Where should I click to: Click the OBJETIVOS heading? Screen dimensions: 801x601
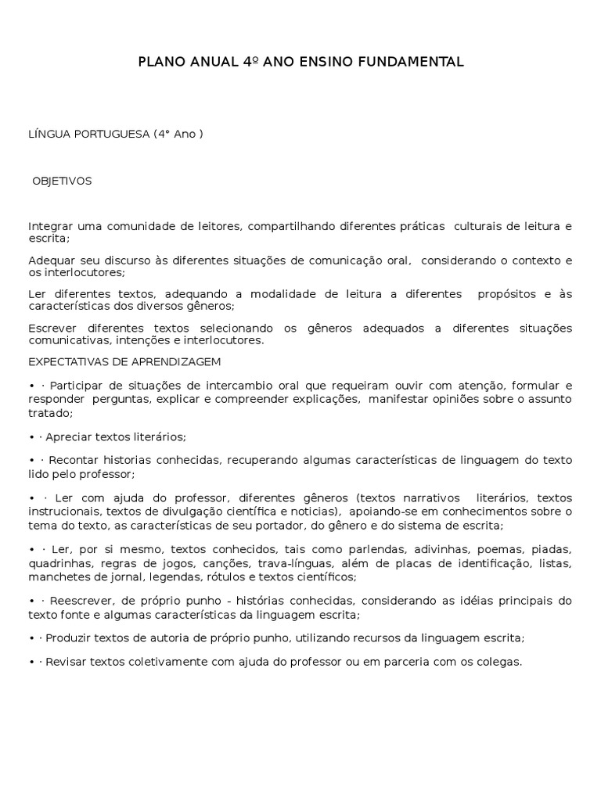(62, 181)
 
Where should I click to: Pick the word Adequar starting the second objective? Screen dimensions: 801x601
(49, 260)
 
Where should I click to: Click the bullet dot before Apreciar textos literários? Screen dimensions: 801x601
(32, 437)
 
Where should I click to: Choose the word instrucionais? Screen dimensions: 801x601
(60, 512)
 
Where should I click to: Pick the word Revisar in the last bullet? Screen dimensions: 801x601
(66, 662)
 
